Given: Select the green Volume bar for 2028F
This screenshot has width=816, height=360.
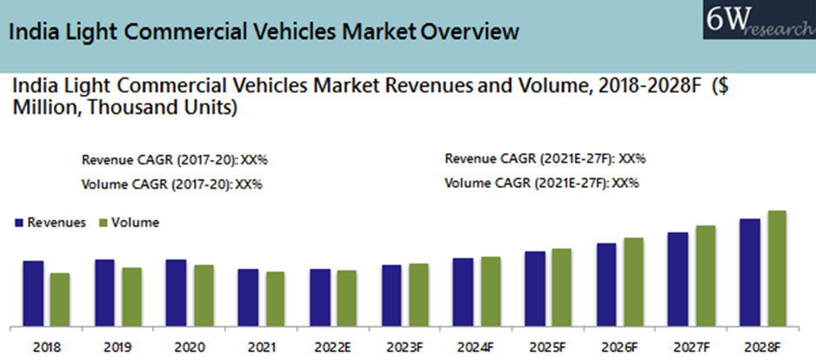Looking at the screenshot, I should [777, 267].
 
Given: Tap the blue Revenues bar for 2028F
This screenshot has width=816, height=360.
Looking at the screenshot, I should [750, 271].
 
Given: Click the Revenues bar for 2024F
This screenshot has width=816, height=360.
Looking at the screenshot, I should [464, 290].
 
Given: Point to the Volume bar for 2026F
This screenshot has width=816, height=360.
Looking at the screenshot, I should [633, 281].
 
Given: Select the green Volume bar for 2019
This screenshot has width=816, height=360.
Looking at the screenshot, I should [131, 296].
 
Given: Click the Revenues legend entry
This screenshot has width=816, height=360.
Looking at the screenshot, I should [50, 223].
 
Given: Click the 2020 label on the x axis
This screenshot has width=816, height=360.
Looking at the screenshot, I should [189, 347].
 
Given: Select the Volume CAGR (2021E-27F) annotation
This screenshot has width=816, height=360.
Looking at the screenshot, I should [541, 183].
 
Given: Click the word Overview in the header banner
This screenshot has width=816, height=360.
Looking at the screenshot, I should [470, 34].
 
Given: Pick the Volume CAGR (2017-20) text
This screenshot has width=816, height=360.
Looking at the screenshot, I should [171, 184].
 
